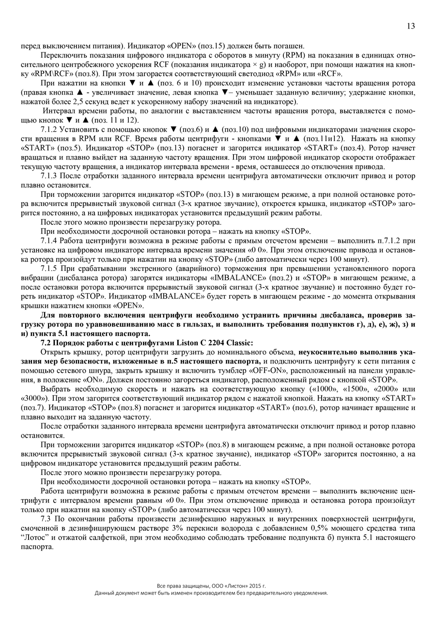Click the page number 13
coord(410,26)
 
